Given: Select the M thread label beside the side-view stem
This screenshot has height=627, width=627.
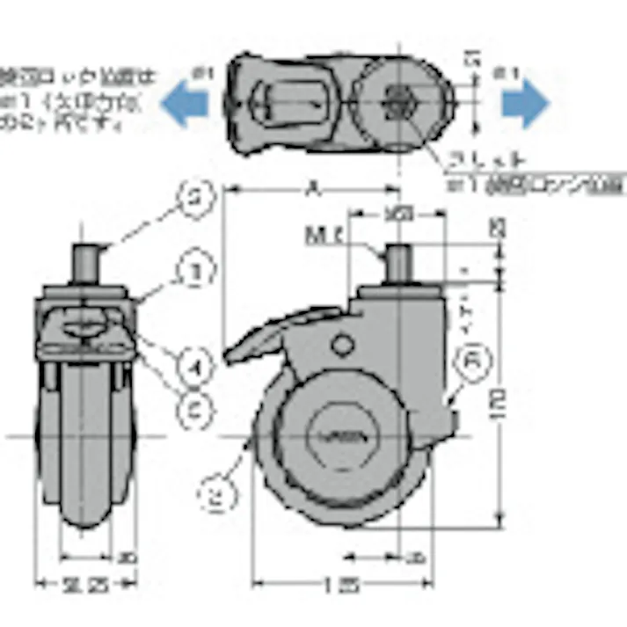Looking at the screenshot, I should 324,235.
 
